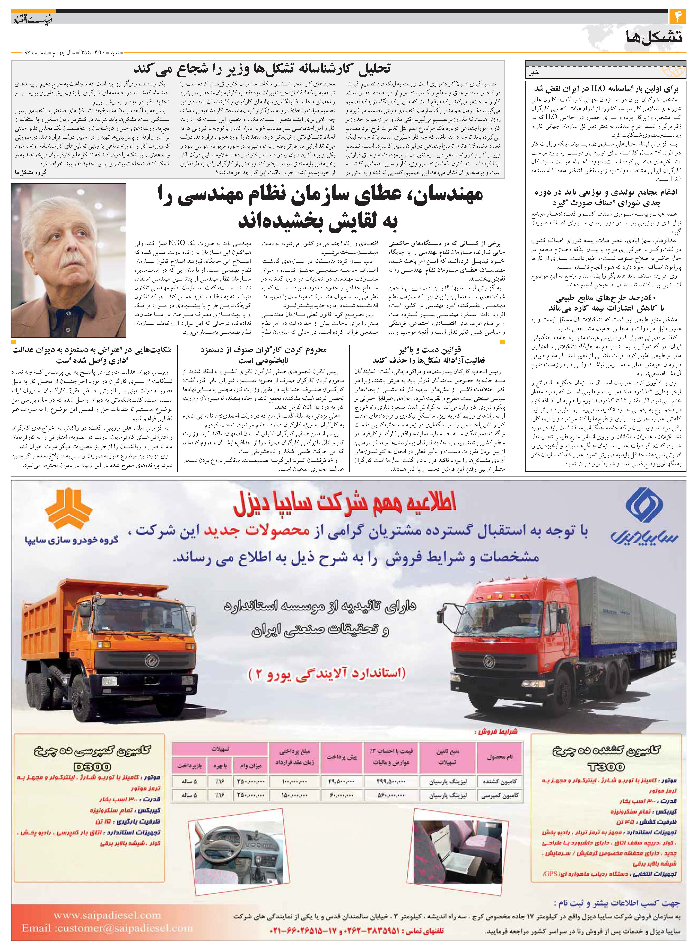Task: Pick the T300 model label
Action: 607,766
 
